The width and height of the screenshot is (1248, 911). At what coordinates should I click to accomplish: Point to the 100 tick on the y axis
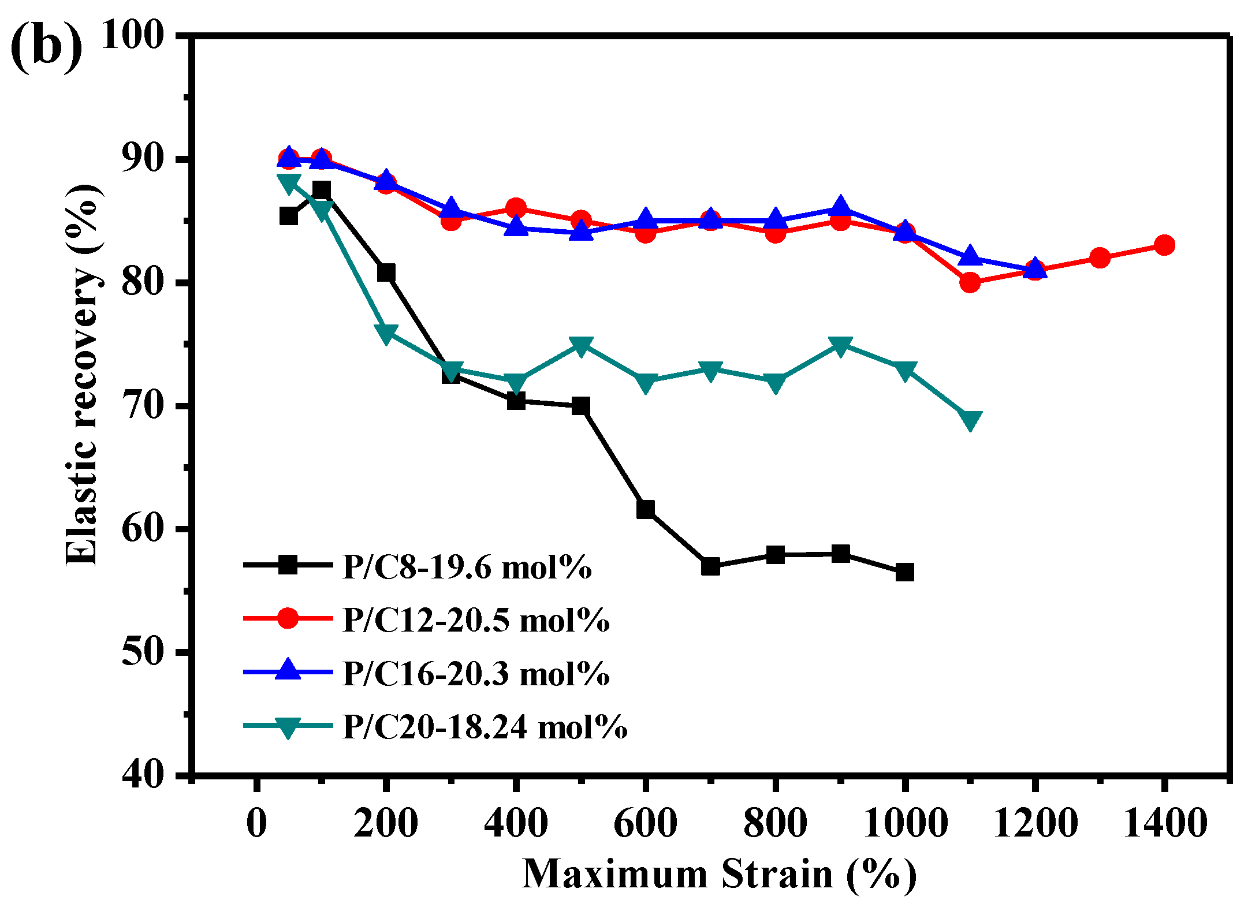pos(133,36)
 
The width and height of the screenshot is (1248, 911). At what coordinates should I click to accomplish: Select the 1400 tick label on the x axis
pos(1164,823)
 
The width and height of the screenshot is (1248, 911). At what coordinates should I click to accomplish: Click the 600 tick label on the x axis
pos(645,823)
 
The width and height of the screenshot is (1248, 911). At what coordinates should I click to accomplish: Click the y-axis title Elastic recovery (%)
pos(82,375)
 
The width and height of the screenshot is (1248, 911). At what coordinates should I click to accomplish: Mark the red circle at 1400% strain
pos(1164,245)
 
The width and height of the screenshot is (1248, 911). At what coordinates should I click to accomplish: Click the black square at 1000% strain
pos(905,572)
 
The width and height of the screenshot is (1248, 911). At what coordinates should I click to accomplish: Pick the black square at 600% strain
pos(646,509)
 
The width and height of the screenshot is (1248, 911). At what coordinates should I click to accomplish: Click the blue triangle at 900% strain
pos(840,207)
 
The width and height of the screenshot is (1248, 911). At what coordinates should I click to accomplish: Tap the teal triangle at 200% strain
pos(386,333)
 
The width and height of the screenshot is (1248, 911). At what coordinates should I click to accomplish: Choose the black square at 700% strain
pos(710,566)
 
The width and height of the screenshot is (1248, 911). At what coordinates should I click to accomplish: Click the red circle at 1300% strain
pos(1100,257)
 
